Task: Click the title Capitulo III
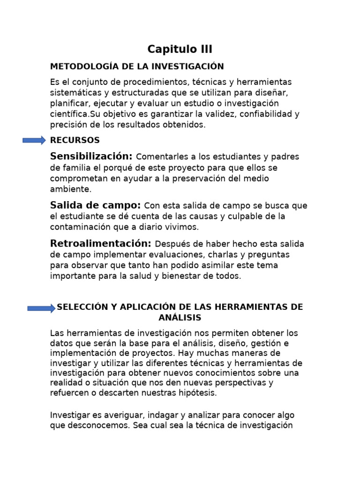[x=180, y=49]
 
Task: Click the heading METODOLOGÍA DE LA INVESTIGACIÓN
[x=137, y=67]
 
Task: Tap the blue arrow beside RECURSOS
[x=34, y=140]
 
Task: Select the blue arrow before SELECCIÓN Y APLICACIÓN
[x=41, y=308]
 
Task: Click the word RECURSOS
[x=75, y=140]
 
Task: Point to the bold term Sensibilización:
[x=91, y=156]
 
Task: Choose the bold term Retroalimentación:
[x=101, y=243]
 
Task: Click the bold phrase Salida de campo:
[x=95, y=205]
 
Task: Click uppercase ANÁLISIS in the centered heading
[x=180, y=318]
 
